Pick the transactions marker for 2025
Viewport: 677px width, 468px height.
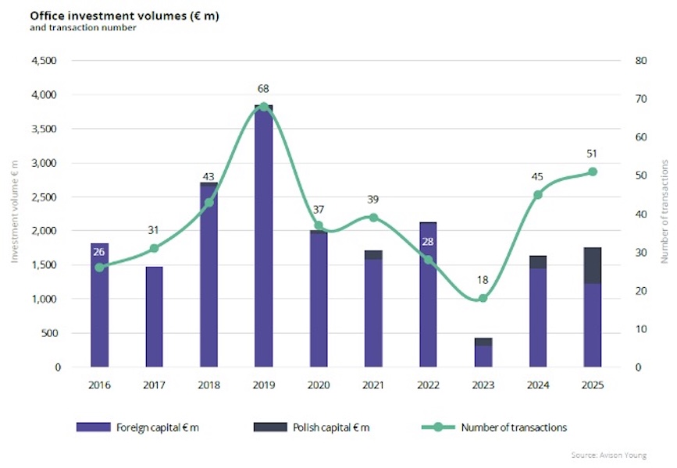tap(593, 172)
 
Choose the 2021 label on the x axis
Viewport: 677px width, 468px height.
tap(373, 385)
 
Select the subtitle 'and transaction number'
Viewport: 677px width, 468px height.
tap(72, 28)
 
